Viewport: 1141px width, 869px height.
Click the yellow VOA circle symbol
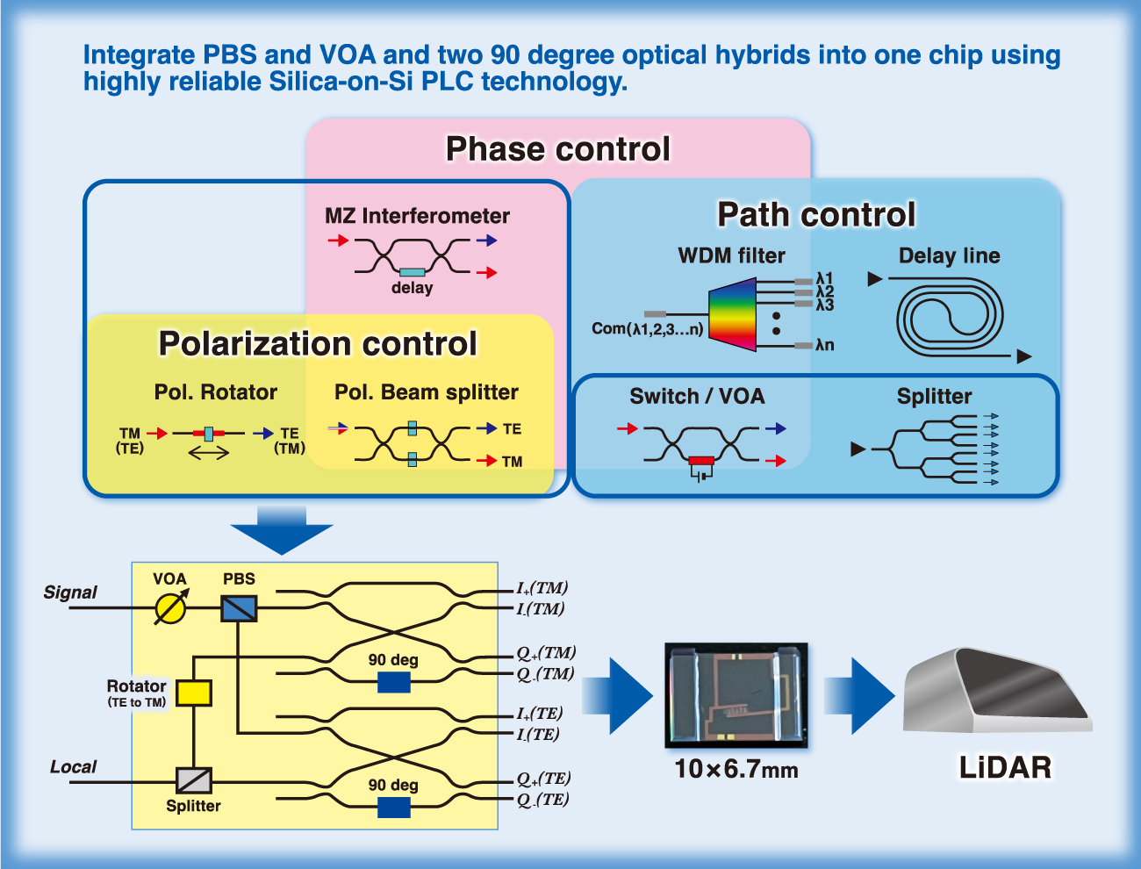pyautogui.click(x=170, y=608)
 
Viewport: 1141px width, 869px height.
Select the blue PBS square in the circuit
pyautogui.click(x=239, y=608)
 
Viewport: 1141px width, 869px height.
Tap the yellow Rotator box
pyautogui.click(x=194, y=693)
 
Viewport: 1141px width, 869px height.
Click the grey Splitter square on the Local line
pyautogui.click(x=194, y=780)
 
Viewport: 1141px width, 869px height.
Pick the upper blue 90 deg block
pyautogui.click(x=394, y=682)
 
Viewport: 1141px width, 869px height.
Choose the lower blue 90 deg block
pyautogui.click(x=394, y=808)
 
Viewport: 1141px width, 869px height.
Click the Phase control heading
pyautogui.click(x=557, y=149)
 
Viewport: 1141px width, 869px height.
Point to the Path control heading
pyautogui.click(x=816, y=214)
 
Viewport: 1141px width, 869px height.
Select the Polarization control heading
pyautogui.click(x=318, y=343)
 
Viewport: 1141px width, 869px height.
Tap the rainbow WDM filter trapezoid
pyautogui.click(x=732, y=314)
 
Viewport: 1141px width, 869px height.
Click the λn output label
pyautogui.click(x=825, y=345)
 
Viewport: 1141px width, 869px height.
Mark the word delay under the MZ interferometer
pyautogui.click(x=413, y=287)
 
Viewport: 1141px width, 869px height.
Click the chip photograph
pyautogui.click(x=736, y=695)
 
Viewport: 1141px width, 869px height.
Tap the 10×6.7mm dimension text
pyautogui.click(x=736, y=769)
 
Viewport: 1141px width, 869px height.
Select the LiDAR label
pyautogui.click(x=1005, y=768)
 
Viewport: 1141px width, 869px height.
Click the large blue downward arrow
pyautogui.click(x=282, y=530)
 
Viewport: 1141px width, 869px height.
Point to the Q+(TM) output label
pyautogui.click(x=546, y=653)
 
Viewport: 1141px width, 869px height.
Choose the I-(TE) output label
pyautogui.click(x=537, y=735)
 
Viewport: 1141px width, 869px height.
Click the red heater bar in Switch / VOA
pyautogui.click(x=701, y=461)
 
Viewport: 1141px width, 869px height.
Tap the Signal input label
pyautogui.click(x=70, y=592)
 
